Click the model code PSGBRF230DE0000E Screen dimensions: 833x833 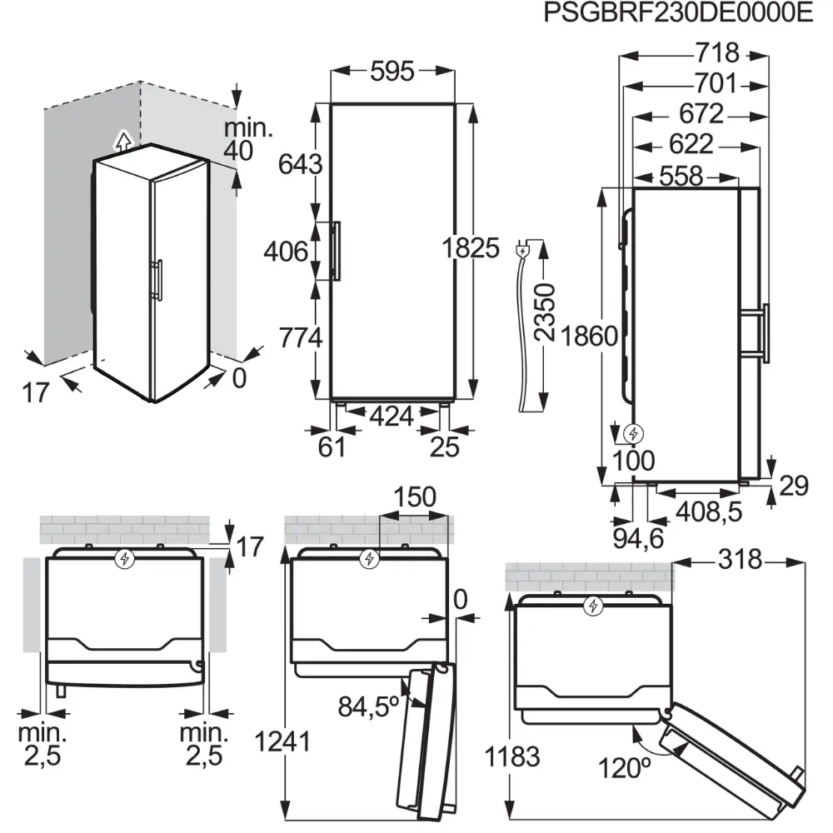click(677, 14)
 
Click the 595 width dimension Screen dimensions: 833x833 click(392, 72)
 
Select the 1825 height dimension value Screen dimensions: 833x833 click(471, 248)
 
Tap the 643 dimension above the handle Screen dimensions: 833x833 click(301, 165)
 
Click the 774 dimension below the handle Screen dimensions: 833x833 click(301, 337)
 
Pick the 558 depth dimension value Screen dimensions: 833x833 click(681, 177)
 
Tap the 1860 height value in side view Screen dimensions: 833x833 click(589, 337)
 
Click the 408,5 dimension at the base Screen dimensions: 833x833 click(707, 511)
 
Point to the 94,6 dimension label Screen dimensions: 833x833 click(640, 538)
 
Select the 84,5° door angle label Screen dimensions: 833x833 click(369, 706)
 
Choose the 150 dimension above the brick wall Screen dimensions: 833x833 click(414, 497)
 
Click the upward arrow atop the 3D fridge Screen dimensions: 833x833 click(122, 139)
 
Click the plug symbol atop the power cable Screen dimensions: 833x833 click(523, 248)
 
